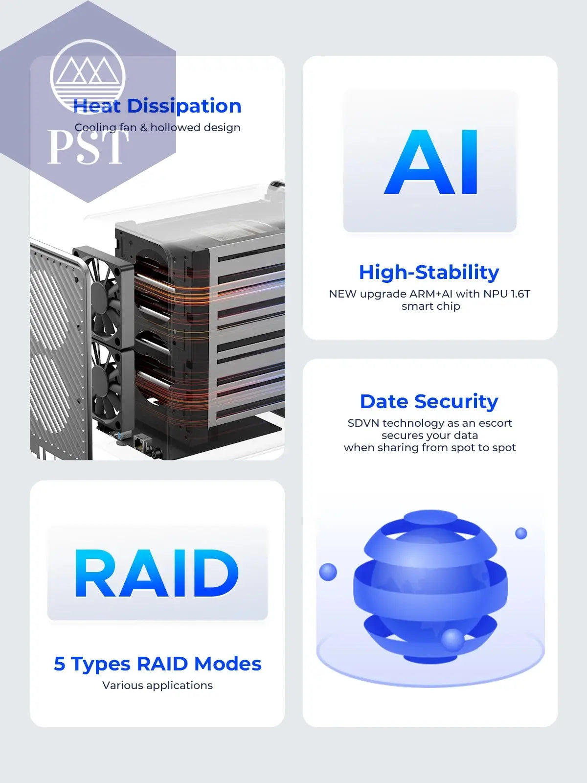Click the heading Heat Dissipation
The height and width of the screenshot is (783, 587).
pos(157,106)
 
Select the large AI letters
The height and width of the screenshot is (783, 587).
pos(430,162)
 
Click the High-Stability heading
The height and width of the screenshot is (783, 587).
pos(429,272)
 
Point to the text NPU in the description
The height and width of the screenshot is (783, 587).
pos(495,294)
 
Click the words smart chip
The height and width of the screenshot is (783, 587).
pos(430,306)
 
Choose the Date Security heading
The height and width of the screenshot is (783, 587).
pos(429,401)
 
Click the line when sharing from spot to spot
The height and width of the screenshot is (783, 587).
pos(430,448)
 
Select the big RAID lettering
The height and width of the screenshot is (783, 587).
pos(157,573)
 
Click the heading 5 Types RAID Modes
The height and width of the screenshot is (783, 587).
pos(158,664)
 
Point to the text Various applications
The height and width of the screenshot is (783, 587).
pos(158,686)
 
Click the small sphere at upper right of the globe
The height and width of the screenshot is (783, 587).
pos(521,533)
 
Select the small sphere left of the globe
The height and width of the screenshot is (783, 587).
pos(328,572)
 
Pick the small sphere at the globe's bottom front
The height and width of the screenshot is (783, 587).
pos(452,640)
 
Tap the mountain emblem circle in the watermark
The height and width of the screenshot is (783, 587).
pos(88,77)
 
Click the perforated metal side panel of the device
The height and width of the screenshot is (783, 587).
pos(59,351)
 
